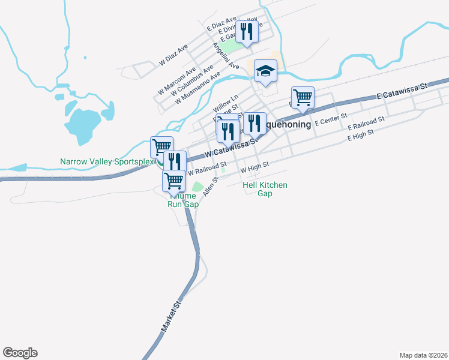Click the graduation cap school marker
click(265, 71)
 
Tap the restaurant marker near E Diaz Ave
click(246, 31)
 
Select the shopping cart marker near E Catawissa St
click(303, 97)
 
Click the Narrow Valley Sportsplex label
click(107, 161)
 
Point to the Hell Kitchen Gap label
click(265, 189)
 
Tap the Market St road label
click(170, 317)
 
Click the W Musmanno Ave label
click(194, 94)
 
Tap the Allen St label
click(209, 187)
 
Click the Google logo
click(20, 352)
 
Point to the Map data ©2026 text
click(423, 355)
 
